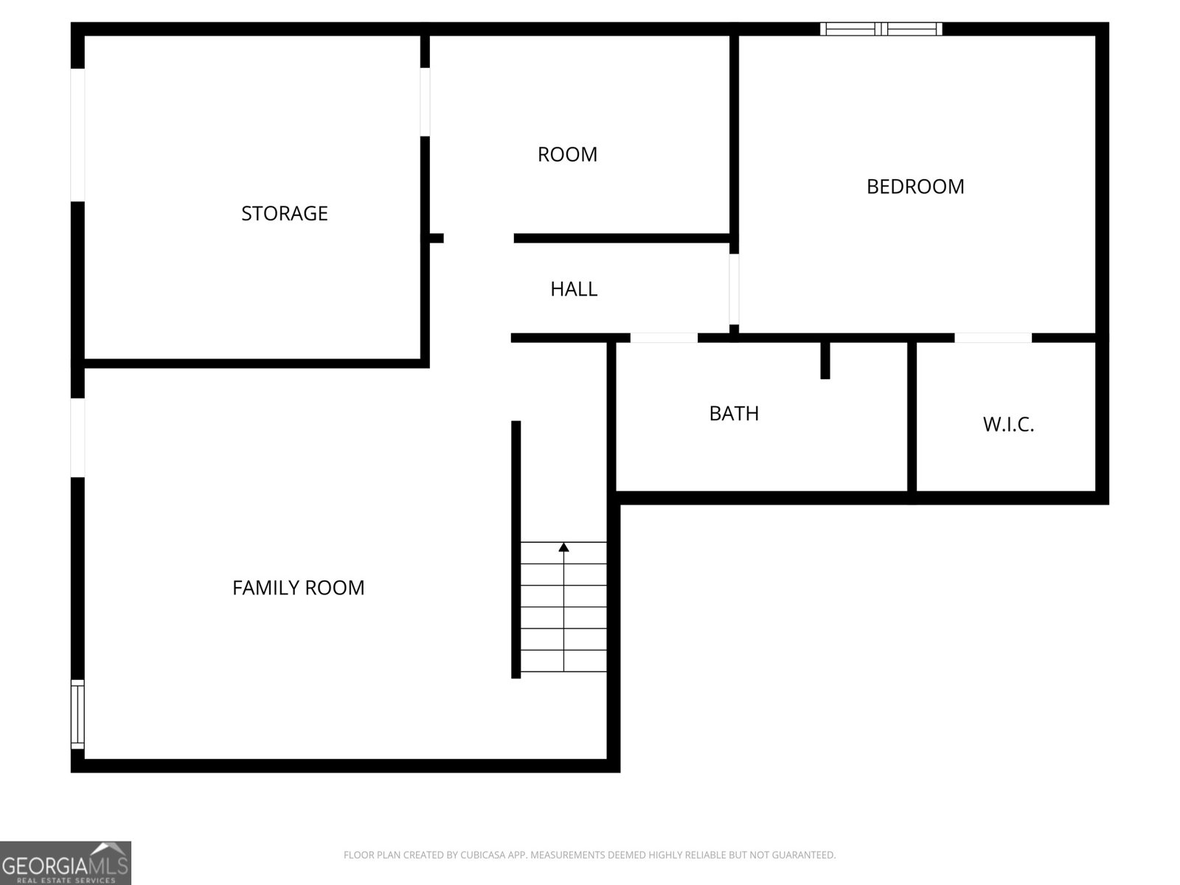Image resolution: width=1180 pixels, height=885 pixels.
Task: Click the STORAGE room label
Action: [284, 213]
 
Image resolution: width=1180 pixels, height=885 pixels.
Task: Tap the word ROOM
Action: [567, 154]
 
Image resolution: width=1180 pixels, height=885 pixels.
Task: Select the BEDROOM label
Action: [914, 187]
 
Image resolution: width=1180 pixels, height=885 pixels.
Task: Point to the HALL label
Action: [574, 289]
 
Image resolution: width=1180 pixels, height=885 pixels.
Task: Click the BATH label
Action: [734, 414]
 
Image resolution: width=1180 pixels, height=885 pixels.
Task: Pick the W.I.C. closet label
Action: [1008, 425]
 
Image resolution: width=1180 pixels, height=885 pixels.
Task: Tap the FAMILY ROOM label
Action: [298, 588]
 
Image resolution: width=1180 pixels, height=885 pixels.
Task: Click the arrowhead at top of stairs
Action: [564, 547]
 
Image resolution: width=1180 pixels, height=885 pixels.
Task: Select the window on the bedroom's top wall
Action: [881, 29]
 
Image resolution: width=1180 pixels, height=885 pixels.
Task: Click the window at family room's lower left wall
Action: [77, 714]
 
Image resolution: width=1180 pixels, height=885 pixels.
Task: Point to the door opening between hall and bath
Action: [664, 338]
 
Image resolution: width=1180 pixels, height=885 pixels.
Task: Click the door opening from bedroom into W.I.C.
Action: [993, 338]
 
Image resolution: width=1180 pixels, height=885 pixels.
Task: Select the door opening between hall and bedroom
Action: [734, 289]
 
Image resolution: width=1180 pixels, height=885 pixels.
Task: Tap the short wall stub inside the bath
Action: [825, 360]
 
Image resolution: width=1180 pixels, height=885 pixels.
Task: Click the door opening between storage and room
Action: [426, 102]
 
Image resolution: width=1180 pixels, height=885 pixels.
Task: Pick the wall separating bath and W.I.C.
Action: [912, 417]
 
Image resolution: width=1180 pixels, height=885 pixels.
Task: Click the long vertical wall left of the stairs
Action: [516, 549]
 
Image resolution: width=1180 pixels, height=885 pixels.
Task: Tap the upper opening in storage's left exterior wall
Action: [77, 135]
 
